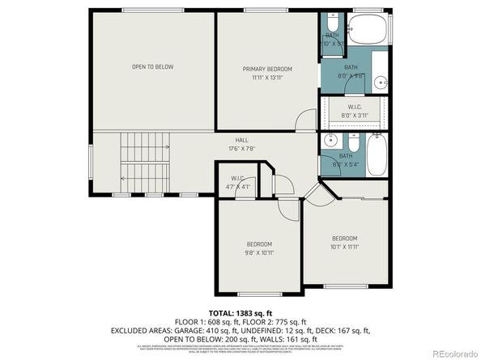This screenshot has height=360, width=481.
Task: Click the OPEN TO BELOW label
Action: click(x=153, y=66)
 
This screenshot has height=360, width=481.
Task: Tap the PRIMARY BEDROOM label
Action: click(x=267, y=69)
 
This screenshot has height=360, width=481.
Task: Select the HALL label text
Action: click(x=241, y=140)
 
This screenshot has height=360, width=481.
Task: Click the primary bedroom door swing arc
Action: click(x=304, y=122)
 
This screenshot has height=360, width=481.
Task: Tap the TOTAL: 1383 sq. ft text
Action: click(x=240, y=311)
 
